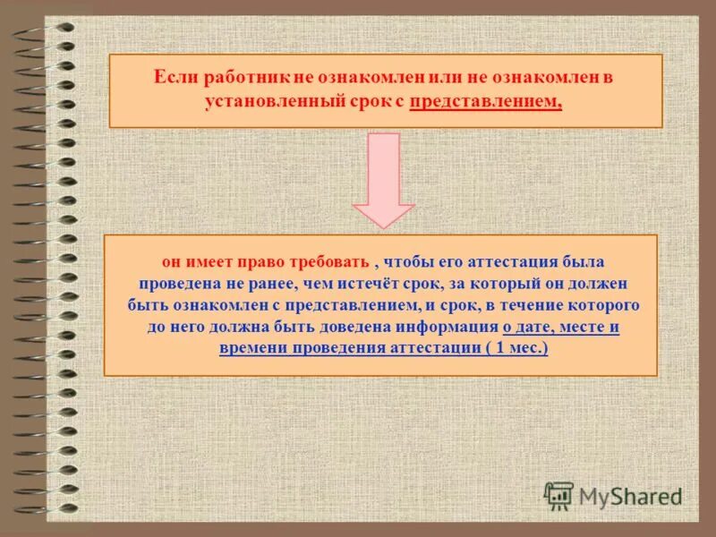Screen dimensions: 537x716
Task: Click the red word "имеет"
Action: coord(205,261)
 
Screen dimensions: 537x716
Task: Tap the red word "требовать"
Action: coord(328,261)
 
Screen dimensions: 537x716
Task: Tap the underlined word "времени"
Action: coord(251,348)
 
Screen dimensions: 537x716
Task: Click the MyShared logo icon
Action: coord(559,495)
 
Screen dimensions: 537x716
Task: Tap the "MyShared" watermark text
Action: coord(630,496)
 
